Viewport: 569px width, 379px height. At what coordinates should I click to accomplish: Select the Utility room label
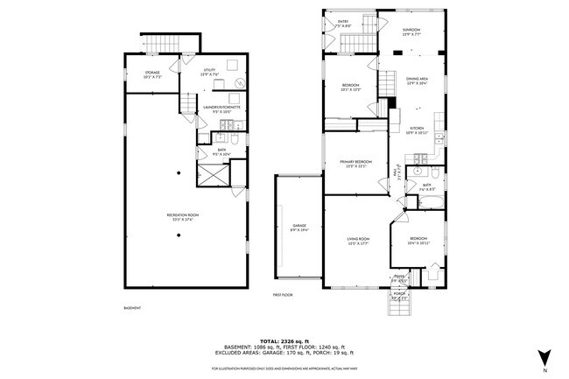[209, 72]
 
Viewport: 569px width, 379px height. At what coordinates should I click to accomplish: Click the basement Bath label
[223, 151]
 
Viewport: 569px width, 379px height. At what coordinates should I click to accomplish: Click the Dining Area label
[417, 81]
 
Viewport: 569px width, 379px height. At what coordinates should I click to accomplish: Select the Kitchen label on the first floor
[415, 130]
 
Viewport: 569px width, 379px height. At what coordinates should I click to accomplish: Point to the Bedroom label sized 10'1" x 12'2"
[350, 87]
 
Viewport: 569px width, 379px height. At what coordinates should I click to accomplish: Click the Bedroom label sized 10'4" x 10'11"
[419, 242]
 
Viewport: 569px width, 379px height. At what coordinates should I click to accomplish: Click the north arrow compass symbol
[544, 355]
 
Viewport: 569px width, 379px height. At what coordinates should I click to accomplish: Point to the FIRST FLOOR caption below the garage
[282, 295]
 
